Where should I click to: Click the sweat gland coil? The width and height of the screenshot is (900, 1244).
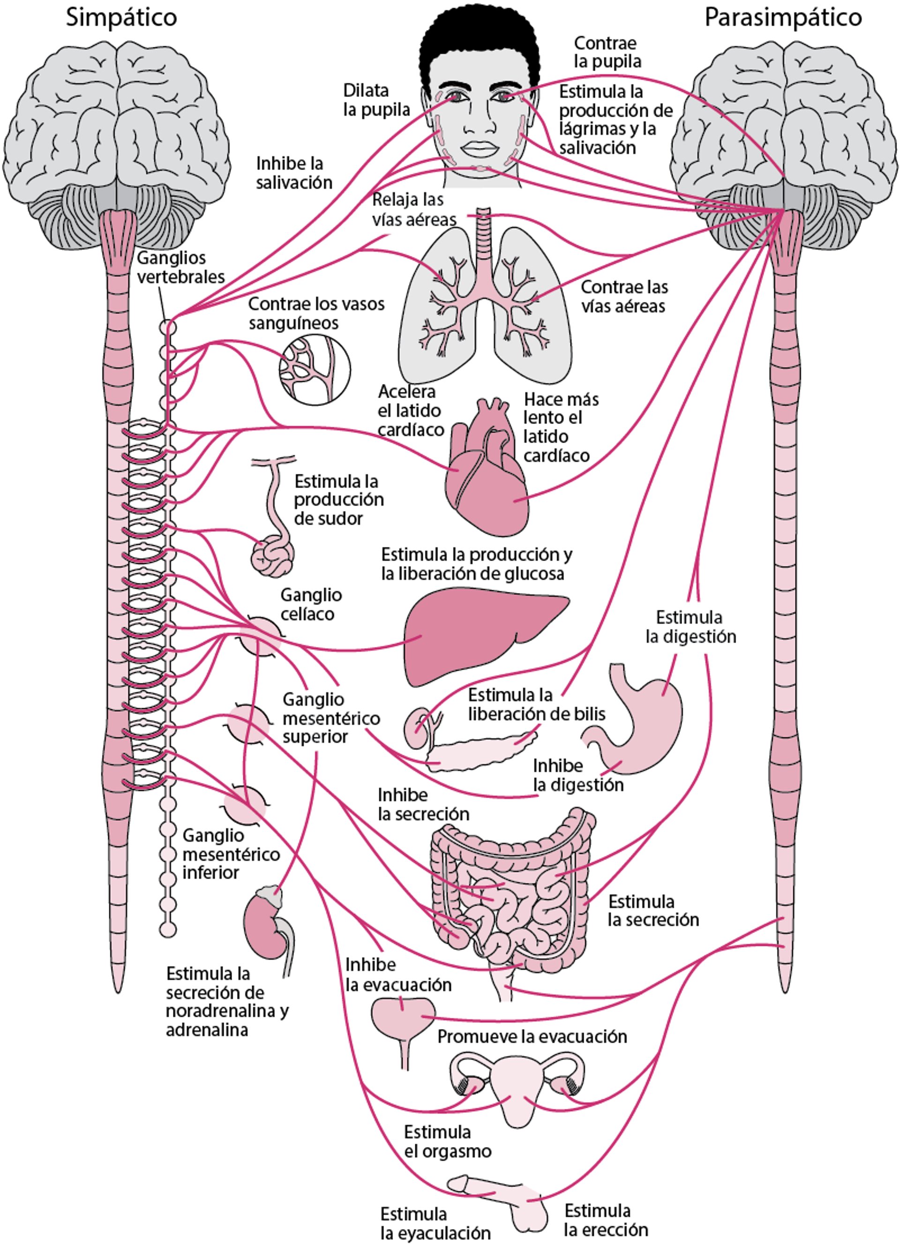point(272,557)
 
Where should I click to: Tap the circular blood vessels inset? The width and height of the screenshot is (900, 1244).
point(315,369)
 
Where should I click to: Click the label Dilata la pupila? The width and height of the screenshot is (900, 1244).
point(376,100)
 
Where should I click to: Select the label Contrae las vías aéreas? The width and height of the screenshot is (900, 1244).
point(624,296)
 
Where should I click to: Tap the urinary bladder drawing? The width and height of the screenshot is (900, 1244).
point(403,1016)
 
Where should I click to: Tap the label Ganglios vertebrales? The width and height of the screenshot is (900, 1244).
point(180,267)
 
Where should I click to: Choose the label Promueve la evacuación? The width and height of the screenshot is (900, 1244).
point(532,1036)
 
